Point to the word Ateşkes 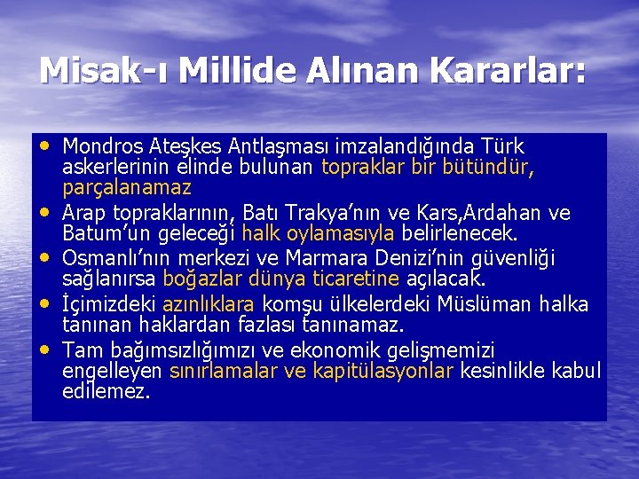(192, 145)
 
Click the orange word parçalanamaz (127, 188)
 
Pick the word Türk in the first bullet (502, 145)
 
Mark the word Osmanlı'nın (117, 259)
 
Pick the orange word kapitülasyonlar (383, 370)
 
